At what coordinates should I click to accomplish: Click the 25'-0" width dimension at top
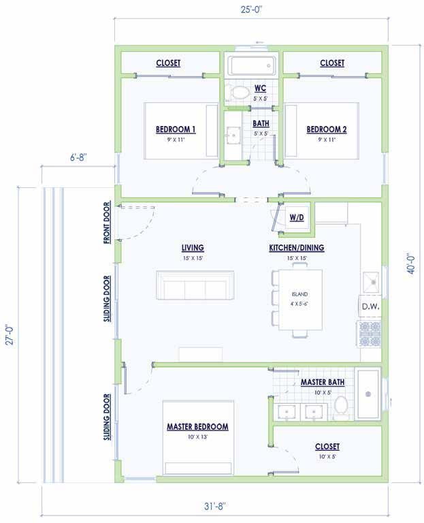pos(252,10)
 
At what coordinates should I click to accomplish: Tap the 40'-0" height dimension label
pos(411,264)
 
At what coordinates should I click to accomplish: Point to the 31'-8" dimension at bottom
pos(215,506)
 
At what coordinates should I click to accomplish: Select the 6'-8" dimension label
pos(78,157)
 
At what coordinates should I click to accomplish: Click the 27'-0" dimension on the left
pos(10,335)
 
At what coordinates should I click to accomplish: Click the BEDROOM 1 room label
pos(176,129)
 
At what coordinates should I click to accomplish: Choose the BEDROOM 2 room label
pos(327,129)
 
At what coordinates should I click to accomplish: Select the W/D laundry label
pos(297,217)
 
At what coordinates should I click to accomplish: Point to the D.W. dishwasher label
pos(371,306)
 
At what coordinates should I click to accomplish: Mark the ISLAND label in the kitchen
pos(299,294)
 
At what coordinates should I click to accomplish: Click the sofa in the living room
pos(195,285)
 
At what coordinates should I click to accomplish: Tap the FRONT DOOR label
pos(107,223)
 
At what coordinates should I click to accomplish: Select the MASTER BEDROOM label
pos(197,426)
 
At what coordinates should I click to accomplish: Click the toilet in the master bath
pos(341,408)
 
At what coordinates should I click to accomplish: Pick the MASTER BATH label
pos(323,382)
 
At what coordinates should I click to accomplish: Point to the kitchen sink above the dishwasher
pos(371,282)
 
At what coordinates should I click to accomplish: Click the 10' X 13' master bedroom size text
pos(197,437)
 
